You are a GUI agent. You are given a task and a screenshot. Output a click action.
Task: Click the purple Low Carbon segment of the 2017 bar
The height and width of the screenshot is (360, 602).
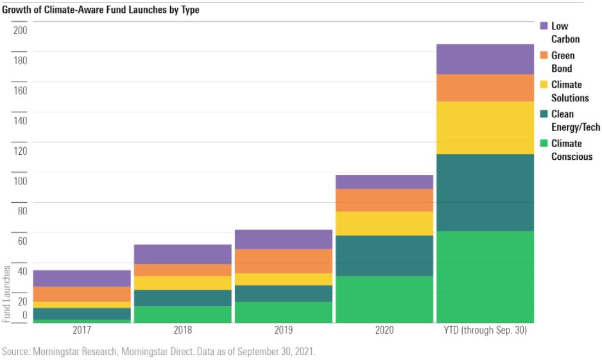coord(82,278)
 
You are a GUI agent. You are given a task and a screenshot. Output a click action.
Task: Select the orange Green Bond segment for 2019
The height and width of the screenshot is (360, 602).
coord(283,261)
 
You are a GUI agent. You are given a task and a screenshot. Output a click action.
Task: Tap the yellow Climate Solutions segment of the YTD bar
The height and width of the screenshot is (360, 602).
coord(485,127)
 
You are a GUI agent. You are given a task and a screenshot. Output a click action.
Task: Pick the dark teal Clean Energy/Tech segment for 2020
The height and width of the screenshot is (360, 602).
coord(384,255)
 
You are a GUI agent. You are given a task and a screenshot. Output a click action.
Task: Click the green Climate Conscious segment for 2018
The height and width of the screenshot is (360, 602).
coord(182,314)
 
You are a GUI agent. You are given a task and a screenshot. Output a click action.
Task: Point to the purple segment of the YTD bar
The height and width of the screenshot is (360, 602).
coord(485,59)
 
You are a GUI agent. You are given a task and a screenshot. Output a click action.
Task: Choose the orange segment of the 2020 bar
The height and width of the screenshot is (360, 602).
coord(384,200)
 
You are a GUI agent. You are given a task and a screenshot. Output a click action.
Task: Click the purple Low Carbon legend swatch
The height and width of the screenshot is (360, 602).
coord(544,26)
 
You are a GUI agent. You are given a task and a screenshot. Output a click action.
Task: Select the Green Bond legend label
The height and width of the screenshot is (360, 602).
coord(563,62)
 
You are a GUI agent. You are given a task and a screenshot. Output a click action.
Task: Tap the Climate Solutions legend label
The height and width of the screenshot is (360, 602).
coord(569,91)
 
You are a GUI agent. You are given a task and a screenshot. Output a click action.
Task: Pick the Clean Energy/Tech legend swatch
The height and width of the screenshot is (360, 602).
coord(544,114)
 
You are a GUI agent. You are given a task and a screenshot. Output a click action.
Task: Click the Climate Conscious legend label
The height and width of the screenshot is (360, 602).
coord(571,150)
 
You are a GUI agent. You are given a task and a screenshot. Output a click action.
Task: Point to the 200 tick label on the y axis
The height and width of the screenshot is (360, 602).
coord(21,30)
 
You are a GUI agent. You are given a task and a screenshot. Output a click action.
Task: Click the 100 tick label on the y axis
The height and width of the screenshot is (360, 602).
coord(21,181)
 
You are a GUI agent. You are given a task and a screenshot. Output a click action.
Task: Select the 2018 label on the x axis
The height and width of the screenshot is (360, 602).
coord(182,330)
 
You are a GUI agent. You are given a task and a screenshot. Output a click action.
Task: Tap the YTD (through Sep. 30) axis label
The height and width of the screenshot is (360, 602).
coord(485,330)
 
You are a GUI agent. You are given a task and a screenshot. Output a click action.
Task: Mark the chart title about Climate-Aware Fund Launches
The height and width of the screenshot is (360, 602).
coord(101,10)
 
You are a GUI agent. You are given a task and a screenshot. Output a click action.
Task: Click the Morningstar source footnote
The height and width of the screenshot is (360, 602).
coord(159,352)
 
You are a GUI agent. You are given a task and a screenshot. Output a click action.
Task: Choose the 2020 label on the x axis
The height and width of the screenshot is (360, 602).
coord(384,330)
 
